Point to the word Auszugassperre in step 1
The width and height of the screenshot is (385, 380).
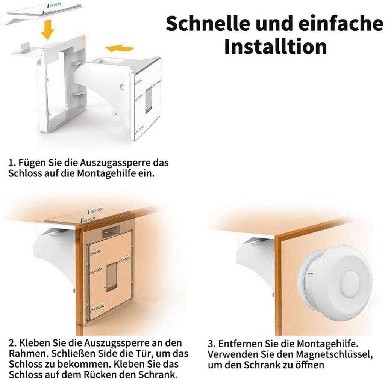[115, 163]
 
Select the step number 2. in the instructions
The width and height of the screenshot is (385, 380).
[13, 343]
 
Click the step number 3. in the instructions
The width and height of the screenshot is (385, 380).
[212, 344]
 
